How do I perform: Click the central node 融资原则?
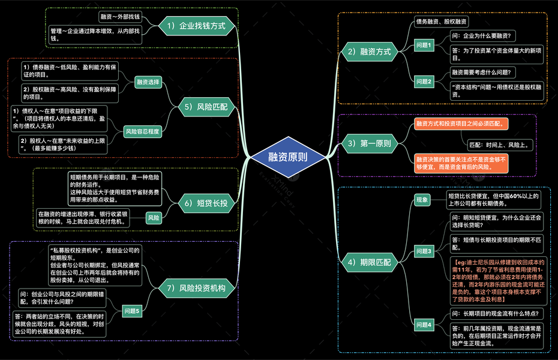point(288,157)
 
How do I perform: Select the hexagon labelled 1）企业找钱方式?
point(196,26)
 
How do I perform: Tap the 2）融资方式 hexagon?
point(370,52)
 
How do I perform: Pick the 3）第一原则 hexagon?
point(370,143)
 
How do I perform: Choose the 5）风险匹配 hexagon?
point(205,107)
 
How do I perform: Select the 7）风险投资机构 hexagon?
point(196,288)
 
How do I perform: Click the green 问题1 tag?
point(424,46)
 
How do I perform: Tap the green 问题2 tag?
point(424,82)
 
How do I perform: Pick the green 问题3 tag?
point(424,251)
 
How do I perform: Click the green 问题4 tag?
point(424,325)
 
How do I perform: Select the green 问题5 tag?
point(131,311)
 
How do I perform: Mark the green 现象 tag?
point(422,199)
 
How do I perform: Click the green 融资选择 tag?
point(148,82)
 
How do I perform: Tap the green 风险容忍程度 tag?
point(142,131)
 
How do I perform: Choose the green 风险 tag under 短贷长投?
point(153,217)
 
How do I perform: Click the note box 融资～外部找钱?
point(120,17)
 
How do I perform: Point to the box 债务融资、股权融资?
point(441,22)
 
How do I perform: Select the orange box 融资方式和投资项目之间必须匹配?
point(460,124)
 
